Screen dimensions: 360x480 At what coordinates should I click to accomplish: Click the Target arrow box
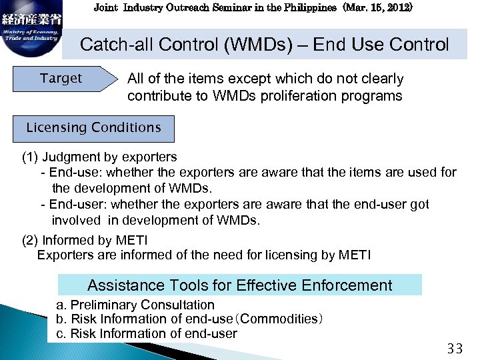62,79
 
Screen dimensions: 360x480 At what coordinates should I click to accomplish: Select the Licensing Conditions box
93,127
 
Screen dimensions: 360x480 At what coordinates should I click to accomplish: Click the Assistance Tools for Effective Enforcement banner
240,285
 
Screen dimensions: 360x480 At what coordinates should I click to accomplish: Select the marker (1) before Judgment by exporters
30,157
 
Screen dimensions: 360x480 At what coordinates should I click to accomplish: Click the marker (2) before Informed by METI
30,240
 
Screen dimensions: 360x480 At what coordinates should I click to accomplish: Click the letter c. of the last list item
61,333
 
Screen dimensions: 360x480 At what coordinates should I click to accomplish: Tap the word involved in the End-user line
76,220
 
